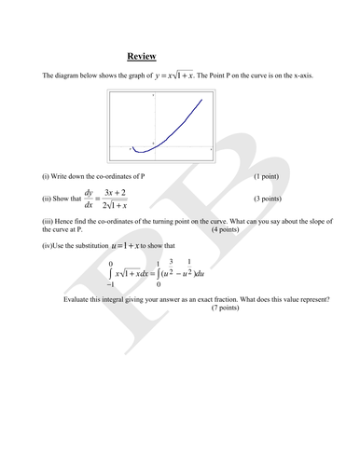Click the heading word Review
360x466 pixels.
[141, 55]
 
